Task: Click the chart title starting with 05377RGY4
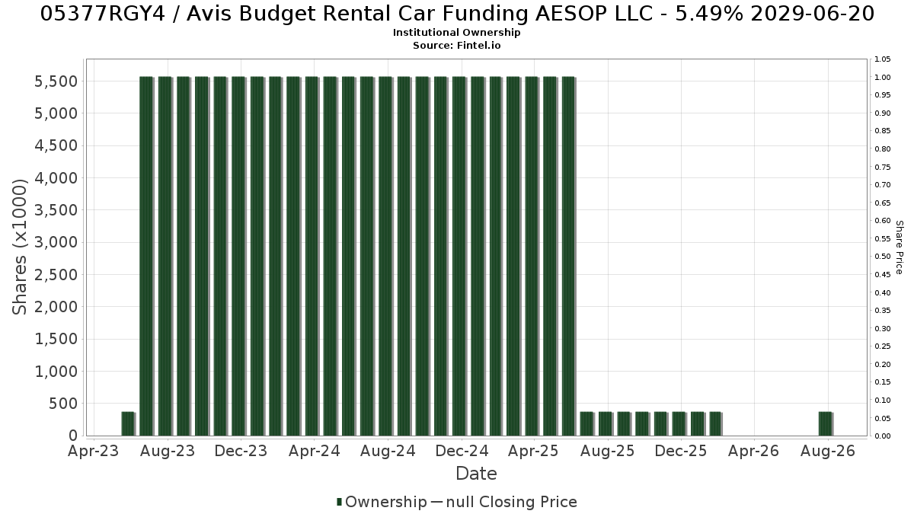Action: click(x=457, y=14)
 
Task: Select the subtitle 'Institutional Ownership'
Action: click(x=456, y=33)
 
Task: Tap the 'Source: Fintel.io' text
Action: click(x=456, y=45)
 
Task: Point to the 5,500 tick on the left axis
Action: click(x=56, y=81)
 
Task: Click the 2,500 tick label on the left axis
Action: click(x=56, y=275)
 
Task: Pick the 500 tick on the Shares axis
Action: click(x=62, y=404)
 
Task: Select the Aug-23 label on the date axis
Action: click(x=168, y=451)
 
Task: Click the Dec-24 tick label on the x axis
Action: click(x=462, y=451)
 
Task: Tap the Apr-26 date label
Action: click(x=753, y=451)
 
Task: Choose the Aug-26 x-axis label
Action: click(x=827, y=451)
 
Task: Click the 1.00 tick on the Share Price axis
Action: click(x=882, y=78)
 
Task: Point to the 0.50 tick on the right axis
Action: click(x=882, y=257)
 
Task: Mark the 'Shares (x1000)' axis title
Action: click(x=19, y=247)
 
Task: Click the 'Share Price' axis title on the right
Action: click(x=900, y=247)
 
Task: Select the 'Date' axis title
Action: click(x=476, y=474)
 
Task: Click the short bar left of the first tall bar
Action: click(x=128, y=424)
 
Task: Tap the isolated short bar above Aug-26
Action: click(x=826, y=424)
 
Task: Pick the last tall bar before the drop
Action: click(x=569, y=256)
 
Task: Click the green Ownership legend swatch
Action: click(x=339, y=502)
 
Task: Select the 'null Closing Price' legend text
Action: click(x=512, y=502)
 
